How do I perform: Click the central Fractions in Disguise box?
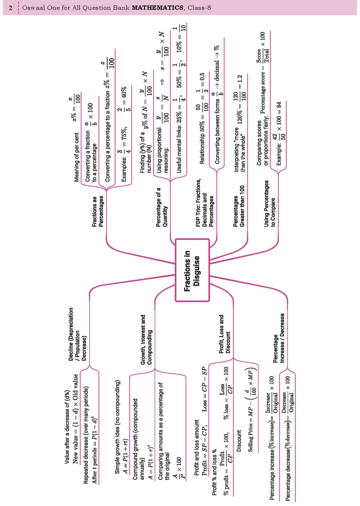(x=192, y=270)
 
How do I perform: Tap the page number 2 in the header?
(x=11, y=8)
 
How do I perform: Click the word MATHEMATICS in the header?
(x=157, y=8)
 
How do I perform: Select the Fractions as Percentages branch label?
(x=98, y=211)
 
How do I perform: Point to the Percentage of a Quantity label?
(x=162, y=207)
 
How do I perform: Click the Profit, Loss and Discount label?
(x=224, y=334)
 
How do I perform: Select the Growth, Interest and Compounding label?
(x=146, y=339)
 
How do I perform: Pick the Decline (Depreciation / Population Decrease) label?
(x=77, y=334)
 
